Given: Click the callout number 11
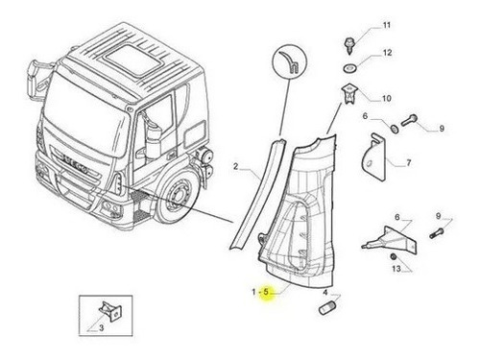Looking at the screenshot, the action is pos(387,25).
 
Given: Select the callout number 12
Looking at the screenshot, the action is pos(387,53).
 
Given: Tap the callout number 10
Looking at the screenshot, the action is pos(387,98).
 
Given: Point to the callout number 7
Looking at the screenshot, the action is pos(409,163).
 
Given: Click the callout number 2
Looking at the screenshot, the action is pos(236,167).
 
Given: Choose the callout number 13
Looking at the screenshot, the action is pos(396,269).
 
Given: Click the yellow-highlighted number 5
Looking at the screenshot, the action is pos(266,292).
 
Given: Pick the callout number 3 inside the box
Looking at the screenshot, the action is pos(101,328).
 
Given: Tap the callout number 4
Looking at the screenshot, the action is pos(325,293).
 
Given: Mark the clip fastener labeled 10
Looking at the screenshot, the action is pos(348,93).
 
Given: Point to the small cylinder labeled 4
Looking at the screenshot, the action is pos(326,307).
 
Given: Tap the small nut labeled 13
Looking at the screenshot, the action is pos(393,256).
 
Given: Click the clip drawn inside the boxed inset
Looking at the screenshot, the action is pos(110,311).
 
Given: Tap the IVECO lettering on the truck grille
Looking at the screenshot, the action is pos(75,164).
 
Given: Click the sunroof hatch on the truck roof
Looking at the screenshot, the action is pos(133,60).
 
